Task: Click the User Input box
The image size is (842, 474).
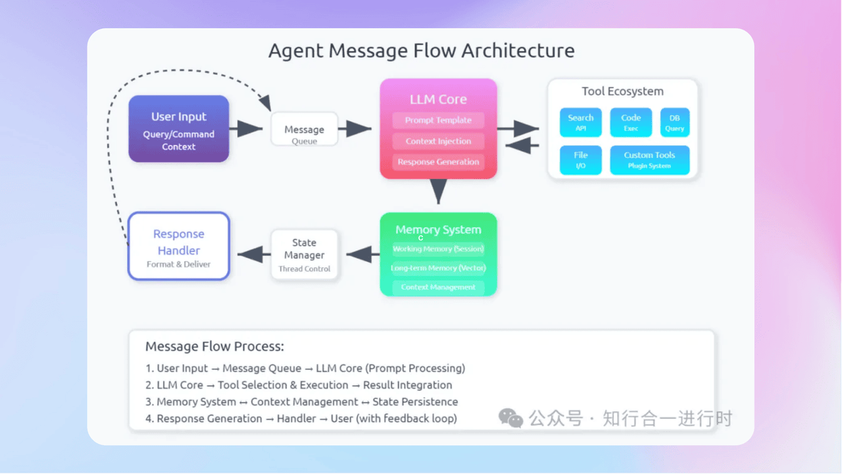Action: click(x=178, y=129)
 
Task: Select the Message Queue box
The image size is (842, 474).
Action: click(x=304, y=130)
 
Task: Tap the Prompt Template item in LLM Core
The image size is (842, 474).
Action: click(x=438, y=120)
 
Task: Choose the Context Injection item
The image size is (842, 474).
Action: click(x=438, y=142)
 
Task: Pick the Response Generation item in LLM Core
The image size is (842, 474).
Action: click(x=438, y=162)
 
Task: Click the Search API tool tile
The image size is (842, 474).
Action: click(x=580, y=122)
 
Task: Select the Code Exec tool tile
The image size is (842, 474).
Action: click(x=630, y=122)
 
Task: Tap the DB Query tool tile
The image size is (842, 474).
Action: click(x=674, y=122)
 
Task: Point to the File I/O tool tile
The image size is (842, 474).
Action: click(x=580, y=160)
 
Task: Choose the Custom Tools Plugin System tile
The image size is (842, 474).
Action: click(x=649, y=160)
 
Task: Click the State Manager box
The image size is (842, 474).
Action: click(x=304, y=255)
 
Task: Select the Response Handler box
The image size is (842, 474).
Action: click(x=178, y=246)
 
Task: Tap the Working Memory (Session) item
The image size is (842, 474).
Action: click(x=438, y=249)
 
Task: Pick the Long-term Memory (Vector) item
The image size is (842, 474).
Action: click(x=438, y=268)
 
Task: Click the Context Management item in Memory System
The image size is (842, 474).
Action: click(x=438, y=287)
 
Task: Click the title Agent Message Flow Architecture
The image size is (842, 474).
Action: click(x=421, y=51)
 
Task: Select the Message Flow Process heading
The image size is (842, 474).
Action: click(x=214, y=346)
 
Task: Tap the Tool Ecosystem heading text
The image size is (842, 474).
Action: click(x=622, y=92)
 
